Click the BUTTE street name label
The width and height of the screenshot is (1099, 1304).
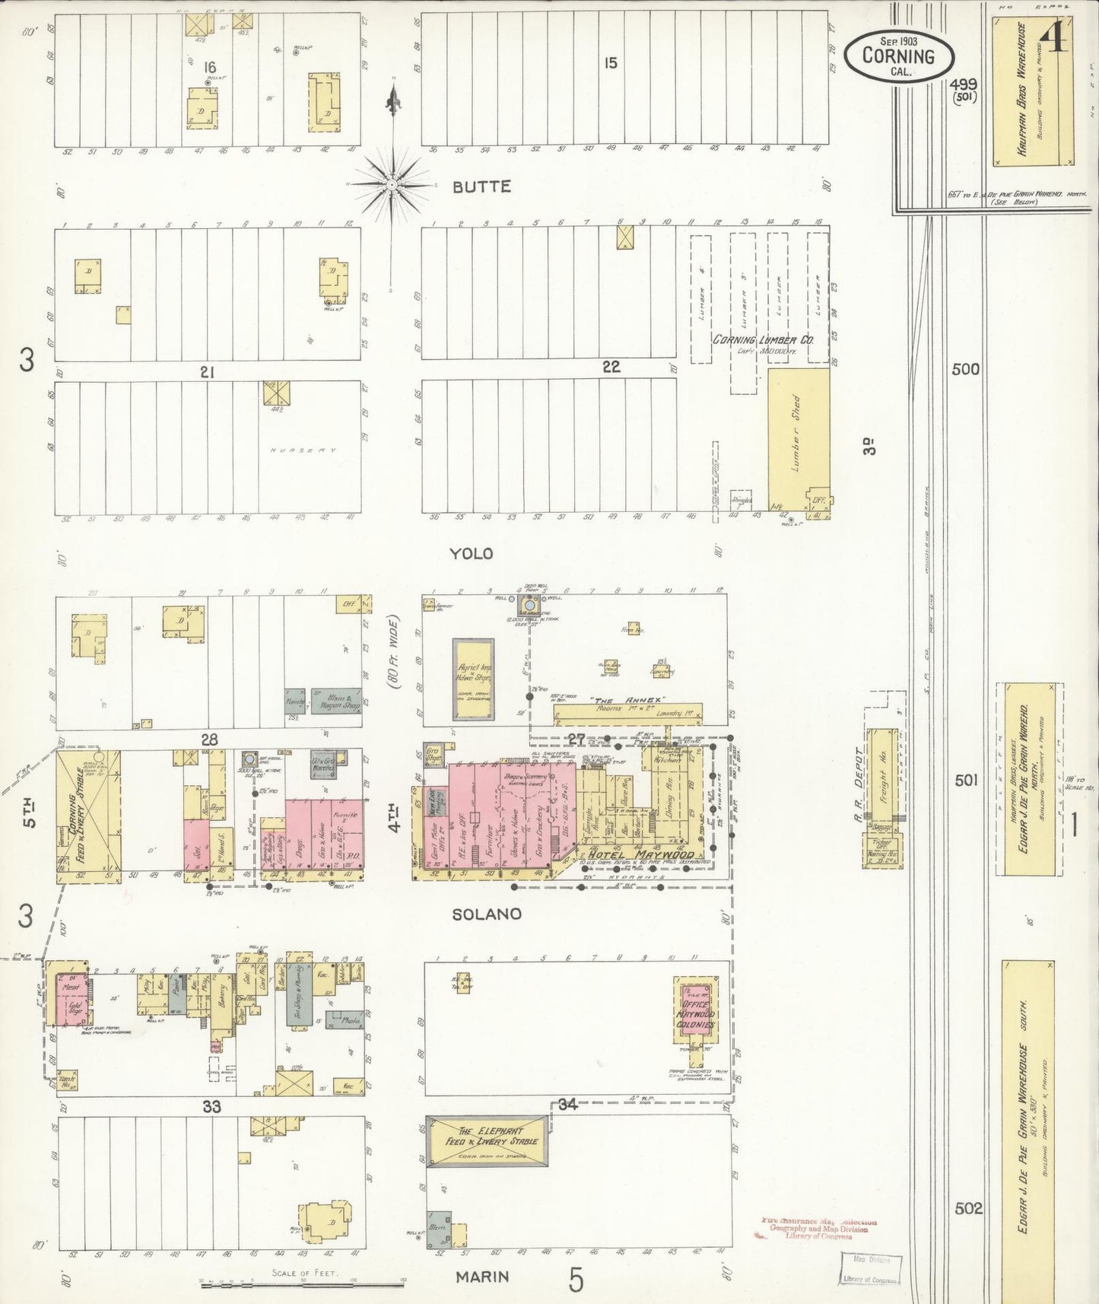(x=481, y=186)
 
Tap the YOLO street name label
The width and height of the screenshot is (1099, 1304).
(x=471, y=554)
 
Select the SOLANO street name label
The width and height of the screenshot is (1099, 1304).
(x=487, y=914)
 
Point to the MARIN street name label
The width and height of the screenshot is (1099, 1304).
(x=482, y=1277)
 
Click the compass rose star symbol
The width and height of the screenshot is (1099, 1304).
(x=392, y=184)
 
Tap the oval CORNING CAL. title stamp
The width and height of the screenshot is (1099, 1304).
(x=898, y=56)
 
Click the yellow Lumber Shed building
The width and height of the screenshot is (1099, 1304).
(x=797, y=440)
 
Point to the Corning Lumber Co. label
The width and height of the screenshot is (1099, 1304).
(x=762, y=339)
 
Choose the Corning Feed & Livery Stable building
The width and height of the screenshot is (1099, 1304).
(x=87, y=816)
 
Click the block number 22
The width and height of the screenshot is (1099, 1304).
(x=611, y=367)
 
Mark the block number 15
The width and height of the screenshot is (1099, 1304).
(x=611, y=63)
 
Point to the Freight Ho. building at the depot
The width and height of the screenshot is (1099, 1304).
(x=883, y=776)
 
